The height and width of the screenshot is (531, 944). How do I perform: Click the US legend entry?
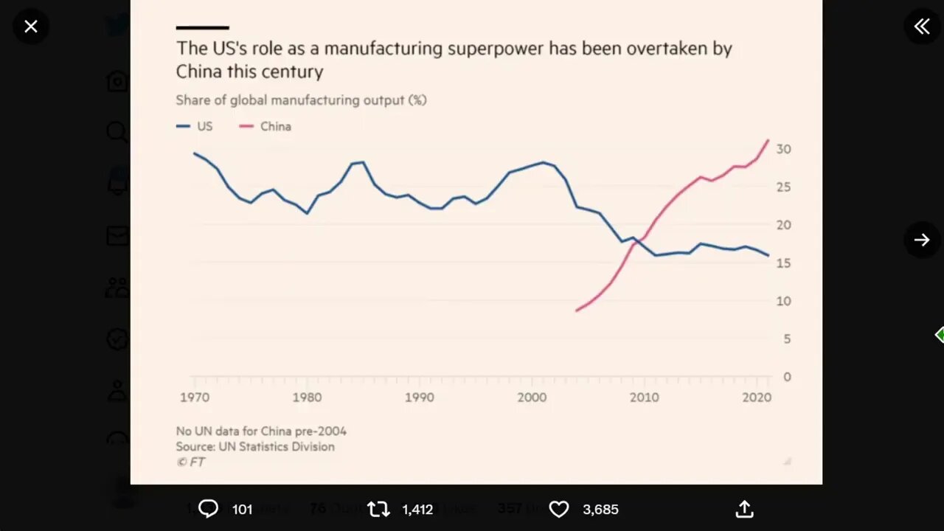pyautogui.click(x=195, y=126)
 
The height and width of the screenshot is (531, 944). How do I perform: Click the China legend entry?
pyautogui.click(x=266, y=126)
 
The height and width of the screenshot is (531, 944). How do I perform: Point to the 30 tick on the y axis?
pyautogui.click(x=783, y=149)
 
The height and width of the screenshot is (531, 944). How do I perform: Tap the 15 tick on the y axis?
pyautogui.click(x=783, y=263)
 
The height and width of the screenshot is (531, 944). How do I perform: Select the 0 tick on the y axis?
pyautogui.click(x=787, y=377)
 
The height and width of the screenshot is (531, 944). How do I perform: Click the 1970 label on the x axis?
pyautogui.click(x=195, y=398)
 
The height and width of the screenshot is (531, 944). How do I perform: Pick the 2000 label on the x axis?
pyautogui.click(x=532, y=398)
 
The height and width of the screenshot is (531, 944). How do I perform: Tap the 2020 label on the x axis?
pyautogui.click(x=757, y=398)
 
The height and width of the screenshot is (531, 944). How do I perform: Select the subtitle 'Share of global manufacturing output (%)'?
pyautogui.click(x=301, y=100)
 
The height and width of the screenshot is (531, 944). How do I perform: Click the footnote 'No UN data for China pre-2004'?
pyautogui.click(x=261, y=431)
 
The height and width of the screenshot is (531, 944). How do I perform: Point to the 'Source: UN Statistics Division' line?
pyautogui.click(x=255, y=446)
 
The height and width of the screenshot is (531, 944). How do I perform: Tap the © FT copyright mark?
pyautogui.click(x=190, y=462)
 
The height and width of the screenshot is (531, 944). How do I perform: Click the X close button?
pyautogui.click(x=30, y=27)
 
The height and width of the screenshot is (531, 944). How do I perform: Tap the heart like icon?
pyautogui.click(x=559, y=509)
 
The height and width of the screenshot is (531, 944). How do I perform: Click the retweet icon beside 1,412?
pyautogui.click(x=378, y=509)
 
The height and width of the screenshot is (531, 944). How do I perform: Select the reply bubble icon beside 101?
pyautogui.click(x=209, y=509)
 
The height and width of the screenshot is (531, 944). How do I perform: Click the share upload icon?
pyautogui.click(x=745, y=509)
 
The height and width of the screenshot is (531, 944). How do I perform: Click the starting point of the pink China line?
pyautogui.click(x=576, y=310)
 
